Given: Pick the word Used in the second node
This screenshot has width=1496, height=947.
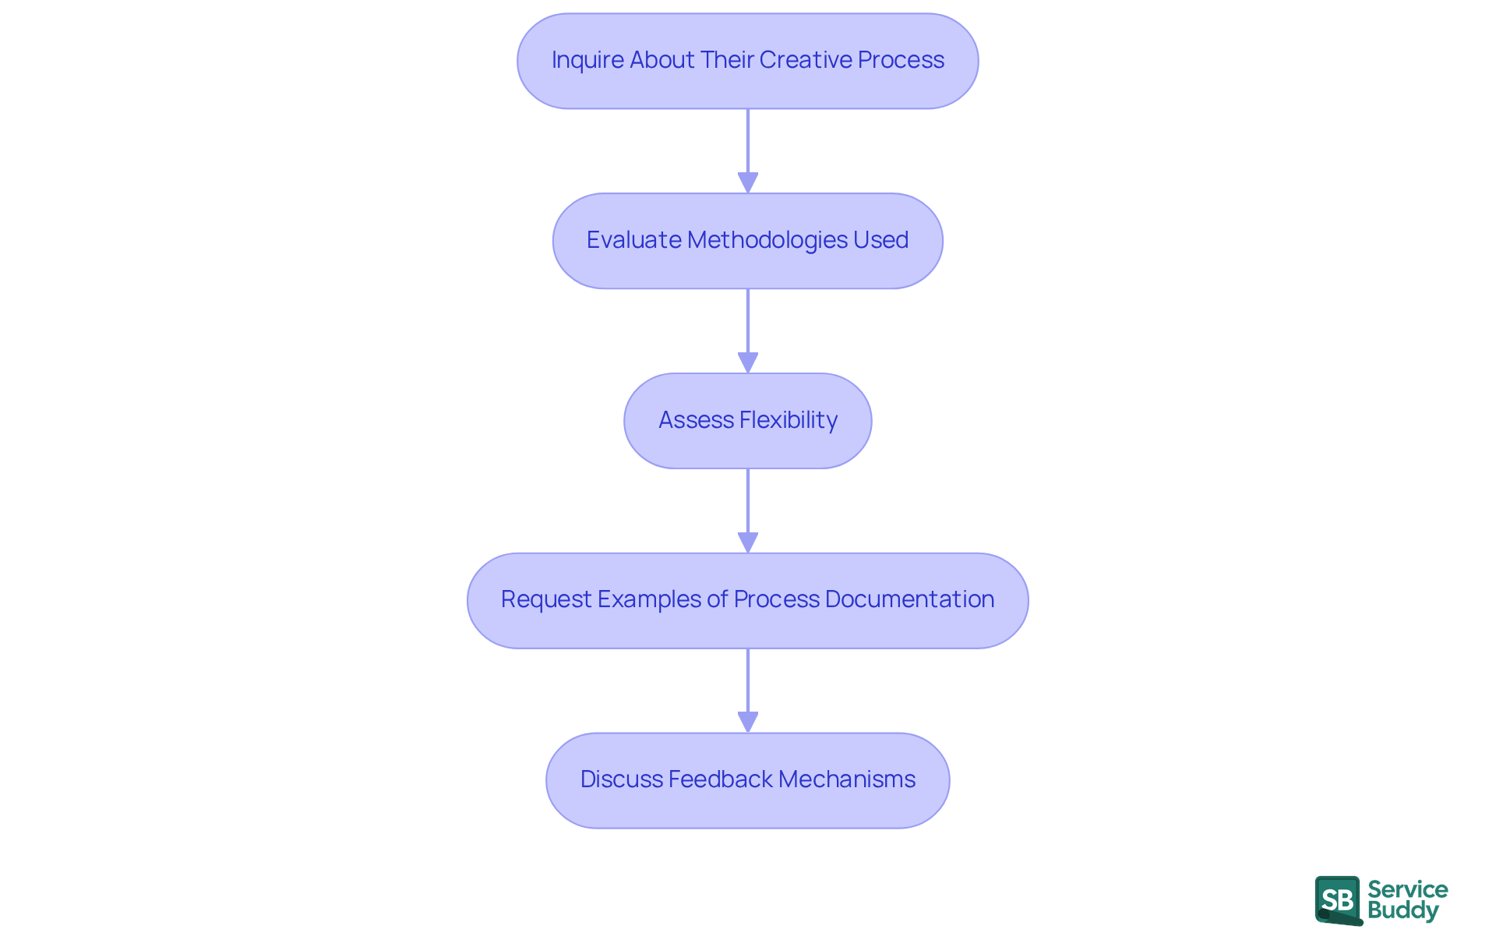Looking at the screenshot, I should [x=880, y=240].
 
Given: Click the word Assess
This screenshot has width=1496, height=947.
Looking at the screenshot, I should [x=696, y=420].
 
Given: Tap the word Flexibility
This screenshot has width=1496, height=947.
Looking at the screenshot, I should [x=788, y=420].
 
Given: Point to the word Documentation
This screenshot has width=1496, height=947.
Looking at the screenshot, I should [x=909, y=599].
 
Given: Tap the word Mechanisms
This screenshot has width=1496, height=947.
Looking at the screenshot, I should [x=846, y=779].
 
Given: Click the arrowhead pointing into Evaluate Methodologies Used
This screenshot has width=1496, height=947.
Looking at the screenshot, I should [x=748, y=182].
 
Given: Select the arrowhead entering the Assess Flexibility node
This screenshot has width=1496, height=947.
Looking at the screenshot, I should [x=748, y=362].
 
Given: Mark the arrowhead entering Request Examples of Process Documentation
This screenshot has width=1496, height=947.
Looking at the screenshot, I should [x=748, y=542].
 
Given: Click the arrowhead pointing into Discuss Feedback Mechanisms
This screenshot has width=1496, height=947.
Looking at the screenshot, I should [x=748, y=722].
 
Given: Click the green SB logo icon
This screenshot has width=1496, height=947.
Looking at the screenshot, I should [x=1338, y=900].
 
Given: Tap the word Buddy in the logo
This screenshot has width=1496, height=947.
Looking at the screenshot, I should [x=1402, y=910].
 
